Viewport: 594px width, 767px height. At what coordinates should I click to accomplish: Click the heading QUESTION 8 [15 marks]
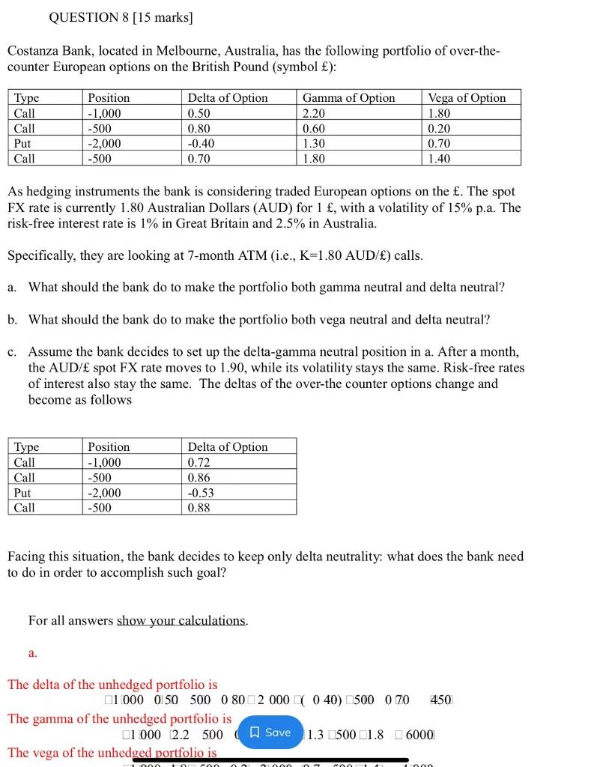pyautogui.click(x=120, y=17)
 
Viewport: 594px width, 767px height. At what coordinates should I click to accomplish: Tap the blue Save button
pyautogui.click(x=270, y=733)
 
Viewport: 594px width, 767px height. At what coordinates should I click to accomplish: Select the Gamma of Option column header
pyautogui.click(x=348, y=98)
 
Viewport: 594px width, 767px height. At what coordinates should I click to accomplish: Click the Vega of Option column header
pyautogui.click(x=466, y=98)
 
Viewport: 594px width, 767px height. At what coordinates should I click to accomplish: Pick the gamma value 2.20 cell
pyautogui.click(x=315, y=113)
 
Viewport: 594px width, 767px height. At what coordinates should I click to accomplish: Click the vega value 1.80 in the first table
pyautogui.click(x=439, y=113)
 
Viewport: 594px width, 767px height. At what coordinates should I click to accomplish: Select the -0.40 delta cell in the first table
pyautogui.click(x=201, y=143)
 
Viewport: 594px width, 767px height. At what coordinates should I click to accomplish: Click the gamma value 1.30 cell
pyautogui.click(x=315, y=143)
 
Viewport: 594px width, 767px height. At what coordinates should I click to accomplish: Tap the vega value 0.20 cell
pyautogui.click(x=439, y=128)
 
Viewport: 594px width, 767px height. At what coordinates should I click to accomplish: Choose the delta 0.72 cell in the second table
pyautogui.click(x=198, y=462)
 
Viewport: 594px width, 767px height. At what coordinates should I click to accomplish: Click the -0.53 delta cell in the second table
pyautogui.click(x=201, y=492)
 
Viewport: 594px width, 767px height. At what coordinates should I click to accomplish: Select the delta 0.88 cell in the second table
pyautogui.click(x=198, y=507)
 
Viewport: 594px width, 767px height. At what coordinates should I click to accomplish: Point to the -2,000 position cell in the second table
pyautogui.click(x=104, y=492)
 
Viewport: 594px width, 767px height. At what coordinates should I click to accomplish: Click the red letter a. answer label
pyautogui.click(x=33, y=653)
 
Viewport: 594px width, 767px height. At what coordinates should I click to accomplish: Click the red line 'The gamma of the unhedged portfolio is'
pyautogui.click(x=119, y=718)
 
